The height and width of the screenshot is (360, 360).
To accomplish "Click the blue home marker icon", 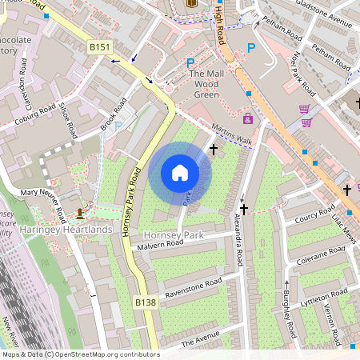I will pyautogui.click(x=180, y=172).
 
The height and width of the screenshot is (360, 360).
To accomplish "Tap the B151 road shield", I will pyautogui.click(x=99, y=48).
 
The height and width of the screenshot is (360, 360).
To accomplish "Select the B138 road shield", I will pyautogui.click(x=145, y=302).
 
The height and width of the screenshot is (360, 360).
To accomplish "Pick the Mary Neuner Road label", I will pyautogui.click(x=43, y=204).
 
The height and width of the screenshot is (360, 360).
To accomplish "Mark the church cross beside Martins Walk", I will pyautogui.click(x=214, y=149).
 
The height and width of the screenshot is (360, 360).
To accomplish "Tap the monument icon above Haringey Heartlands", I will pyautogui.click(x=80, y=214).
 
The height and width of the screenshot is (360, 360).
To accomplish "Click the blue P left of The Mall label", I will pyautogui.click(x=190, y=63).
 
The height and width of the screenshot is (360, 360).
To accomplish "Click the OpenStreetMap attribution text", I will pyautogui.click(x=80, y=354).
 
